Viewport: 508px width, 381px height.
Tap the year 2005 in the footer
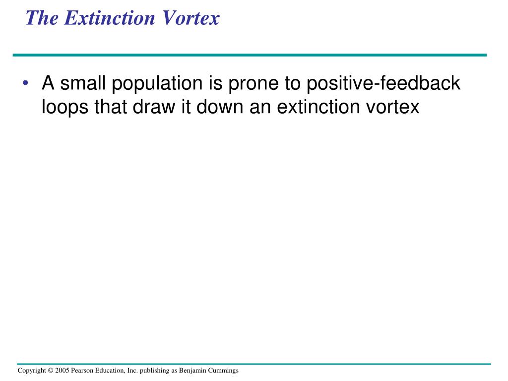point(63,371)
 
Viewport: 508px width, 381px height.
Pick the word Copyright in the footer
point(32,371)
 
